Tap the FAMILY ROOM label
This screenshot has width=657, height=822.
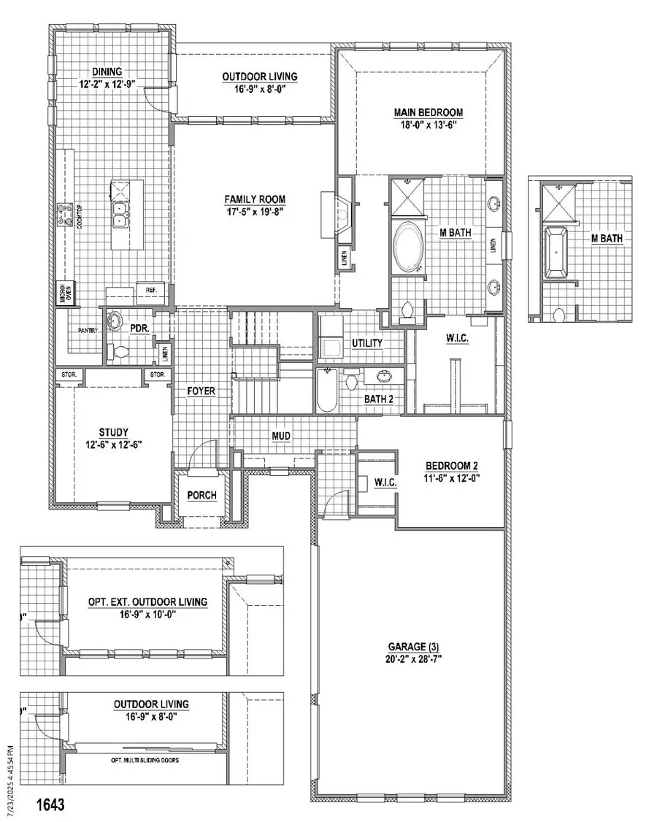(255, 199)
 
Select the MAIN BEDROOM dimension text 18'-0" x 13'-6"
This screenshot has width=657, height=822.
(429, 124)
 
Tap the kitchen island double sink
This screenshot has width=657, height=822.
(118, 213)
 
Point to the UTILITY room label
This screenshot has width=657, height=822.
(368, 343)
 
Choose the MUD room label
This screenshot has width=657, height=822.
(281, 437)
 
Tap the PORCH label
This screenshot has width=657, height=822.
(201, 496)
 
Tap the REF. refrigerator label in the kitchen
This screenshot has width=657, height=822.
(152, 290)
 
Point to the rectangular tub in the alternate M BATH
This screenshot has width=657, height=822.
(557, 253)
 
